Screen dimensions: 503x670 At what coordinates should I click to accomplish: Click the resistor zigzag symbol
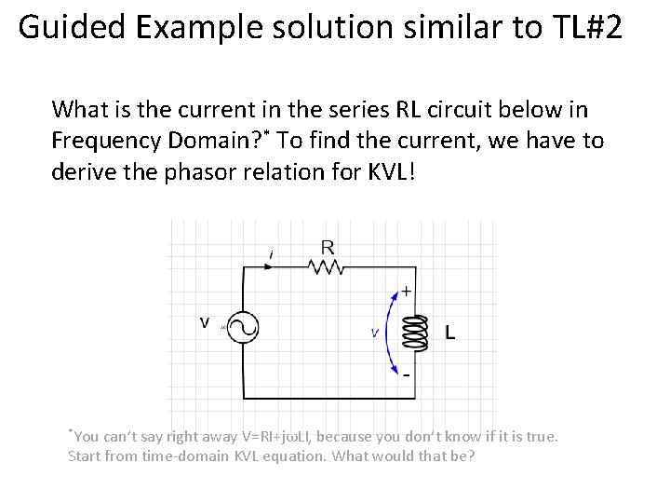coord(326,267)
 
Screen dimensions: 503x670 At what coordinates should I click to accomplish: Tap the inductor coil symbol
coord(416,333)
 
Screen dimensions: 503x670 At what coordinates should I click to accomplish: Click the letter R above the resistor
coord(328,248)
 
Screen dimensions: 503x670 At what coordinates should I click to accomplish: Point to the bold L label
coord(451,333)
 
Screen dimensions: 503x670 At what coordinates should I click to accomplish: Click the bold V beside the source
coord(204,323)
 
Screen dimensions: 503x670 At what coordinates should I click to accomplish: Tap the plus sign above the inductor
coord(406,291)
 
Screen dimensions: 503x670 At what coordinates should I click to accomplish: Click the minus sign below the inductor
coord(406,374)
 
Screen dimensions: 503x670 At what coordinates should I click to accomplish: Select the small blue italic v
coord(374,333)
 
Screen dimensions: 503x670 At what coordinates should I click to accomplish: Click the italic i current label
coord(271,253)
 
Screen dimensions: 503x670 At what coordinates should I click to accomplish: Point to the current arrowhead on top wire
coord(270,267)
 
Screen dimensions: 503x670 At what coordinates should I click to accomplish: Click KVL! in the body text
coord(382,171)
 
